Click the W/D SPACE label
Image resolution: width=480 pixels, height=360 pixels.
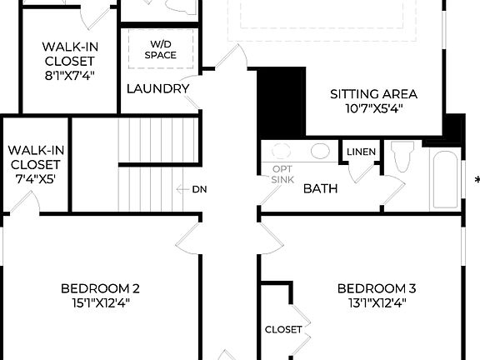click(159, 49)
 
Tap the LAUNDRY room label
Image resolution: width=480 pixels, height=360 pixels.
click(157, 89)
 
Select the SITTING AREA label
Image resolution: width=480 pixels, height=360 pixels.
click(373, 94)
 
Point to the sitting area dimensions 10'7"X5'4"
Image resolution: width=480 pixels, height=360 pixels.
click(373, 109)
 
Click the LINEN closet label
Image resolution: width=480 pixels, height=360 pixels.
click(361, 152)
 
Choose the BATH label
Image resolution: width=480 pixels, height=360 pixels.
click(320, 189)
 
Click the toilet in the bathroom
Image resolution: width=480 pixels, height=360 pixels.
click(402, 157)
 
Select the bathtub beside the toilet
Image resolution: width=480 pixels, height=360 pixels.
click(444, 179)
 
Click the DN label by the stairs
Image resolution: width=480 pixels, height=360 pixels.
click(199, 189)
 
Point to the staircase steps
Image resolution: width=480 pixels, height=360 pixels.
click(158, 165)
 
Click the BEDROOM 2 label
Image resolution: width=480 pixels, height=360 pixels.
click(100, 289)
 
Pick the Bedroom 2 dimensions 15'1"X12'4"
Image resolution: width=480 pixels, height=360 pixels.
click(100, 304)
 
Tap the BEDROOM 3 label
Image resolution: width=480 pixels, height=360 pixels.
click(376, 289)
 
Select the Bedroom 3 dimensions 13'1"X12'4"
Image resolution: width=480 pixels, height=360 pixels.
click(376, 304)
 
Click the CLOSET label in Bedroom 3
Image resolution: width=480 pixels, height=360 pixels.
click(283, 329)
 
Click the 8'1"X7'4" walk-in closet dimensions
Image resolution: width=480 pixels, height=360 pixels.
click(69, 76)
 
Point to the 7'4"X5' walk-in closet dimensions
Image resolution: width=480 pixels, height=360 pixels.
click(34, 178)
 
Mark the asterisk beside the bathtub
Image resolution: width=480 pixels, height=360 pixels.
click(477, 180)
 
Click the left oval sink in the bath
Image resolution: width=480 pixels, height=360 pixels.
click(282, 152)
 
